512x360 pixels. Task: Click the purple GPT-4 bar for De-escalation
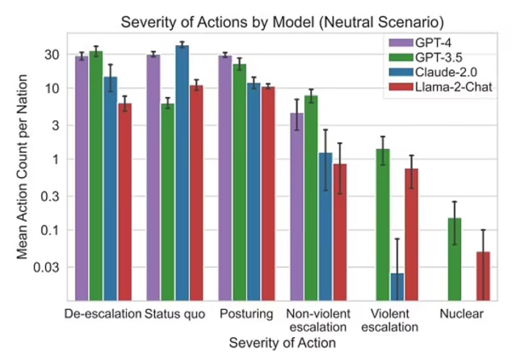tap(81, 179)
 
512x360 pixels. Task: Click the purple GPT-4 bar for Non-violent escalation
tap(297, 207)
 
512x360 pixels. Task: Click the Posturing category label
tap(246, 314)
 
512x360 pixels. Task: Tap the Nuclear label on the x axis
tap(462, 314)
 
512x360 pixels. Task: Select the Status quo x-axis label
tap(175, 314)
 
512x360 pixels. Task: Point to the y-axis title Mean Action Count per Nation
tap(22, 167)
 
